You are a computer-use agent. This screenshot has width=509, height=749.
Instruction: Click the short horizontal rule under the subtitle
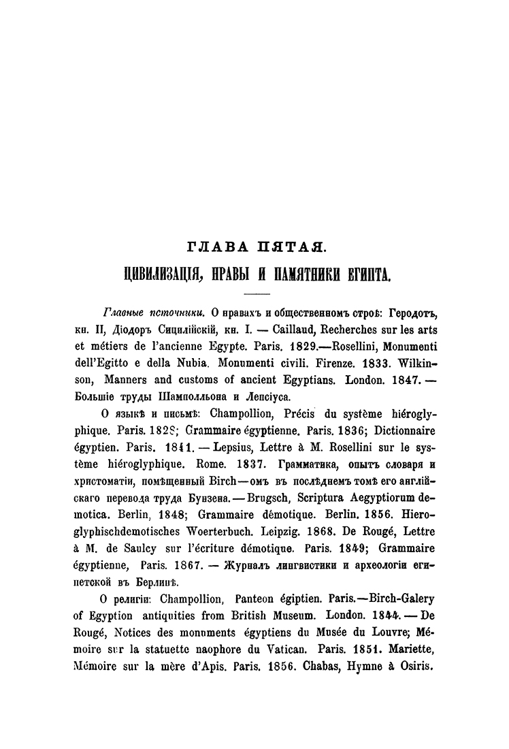(x=257, y=293)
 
